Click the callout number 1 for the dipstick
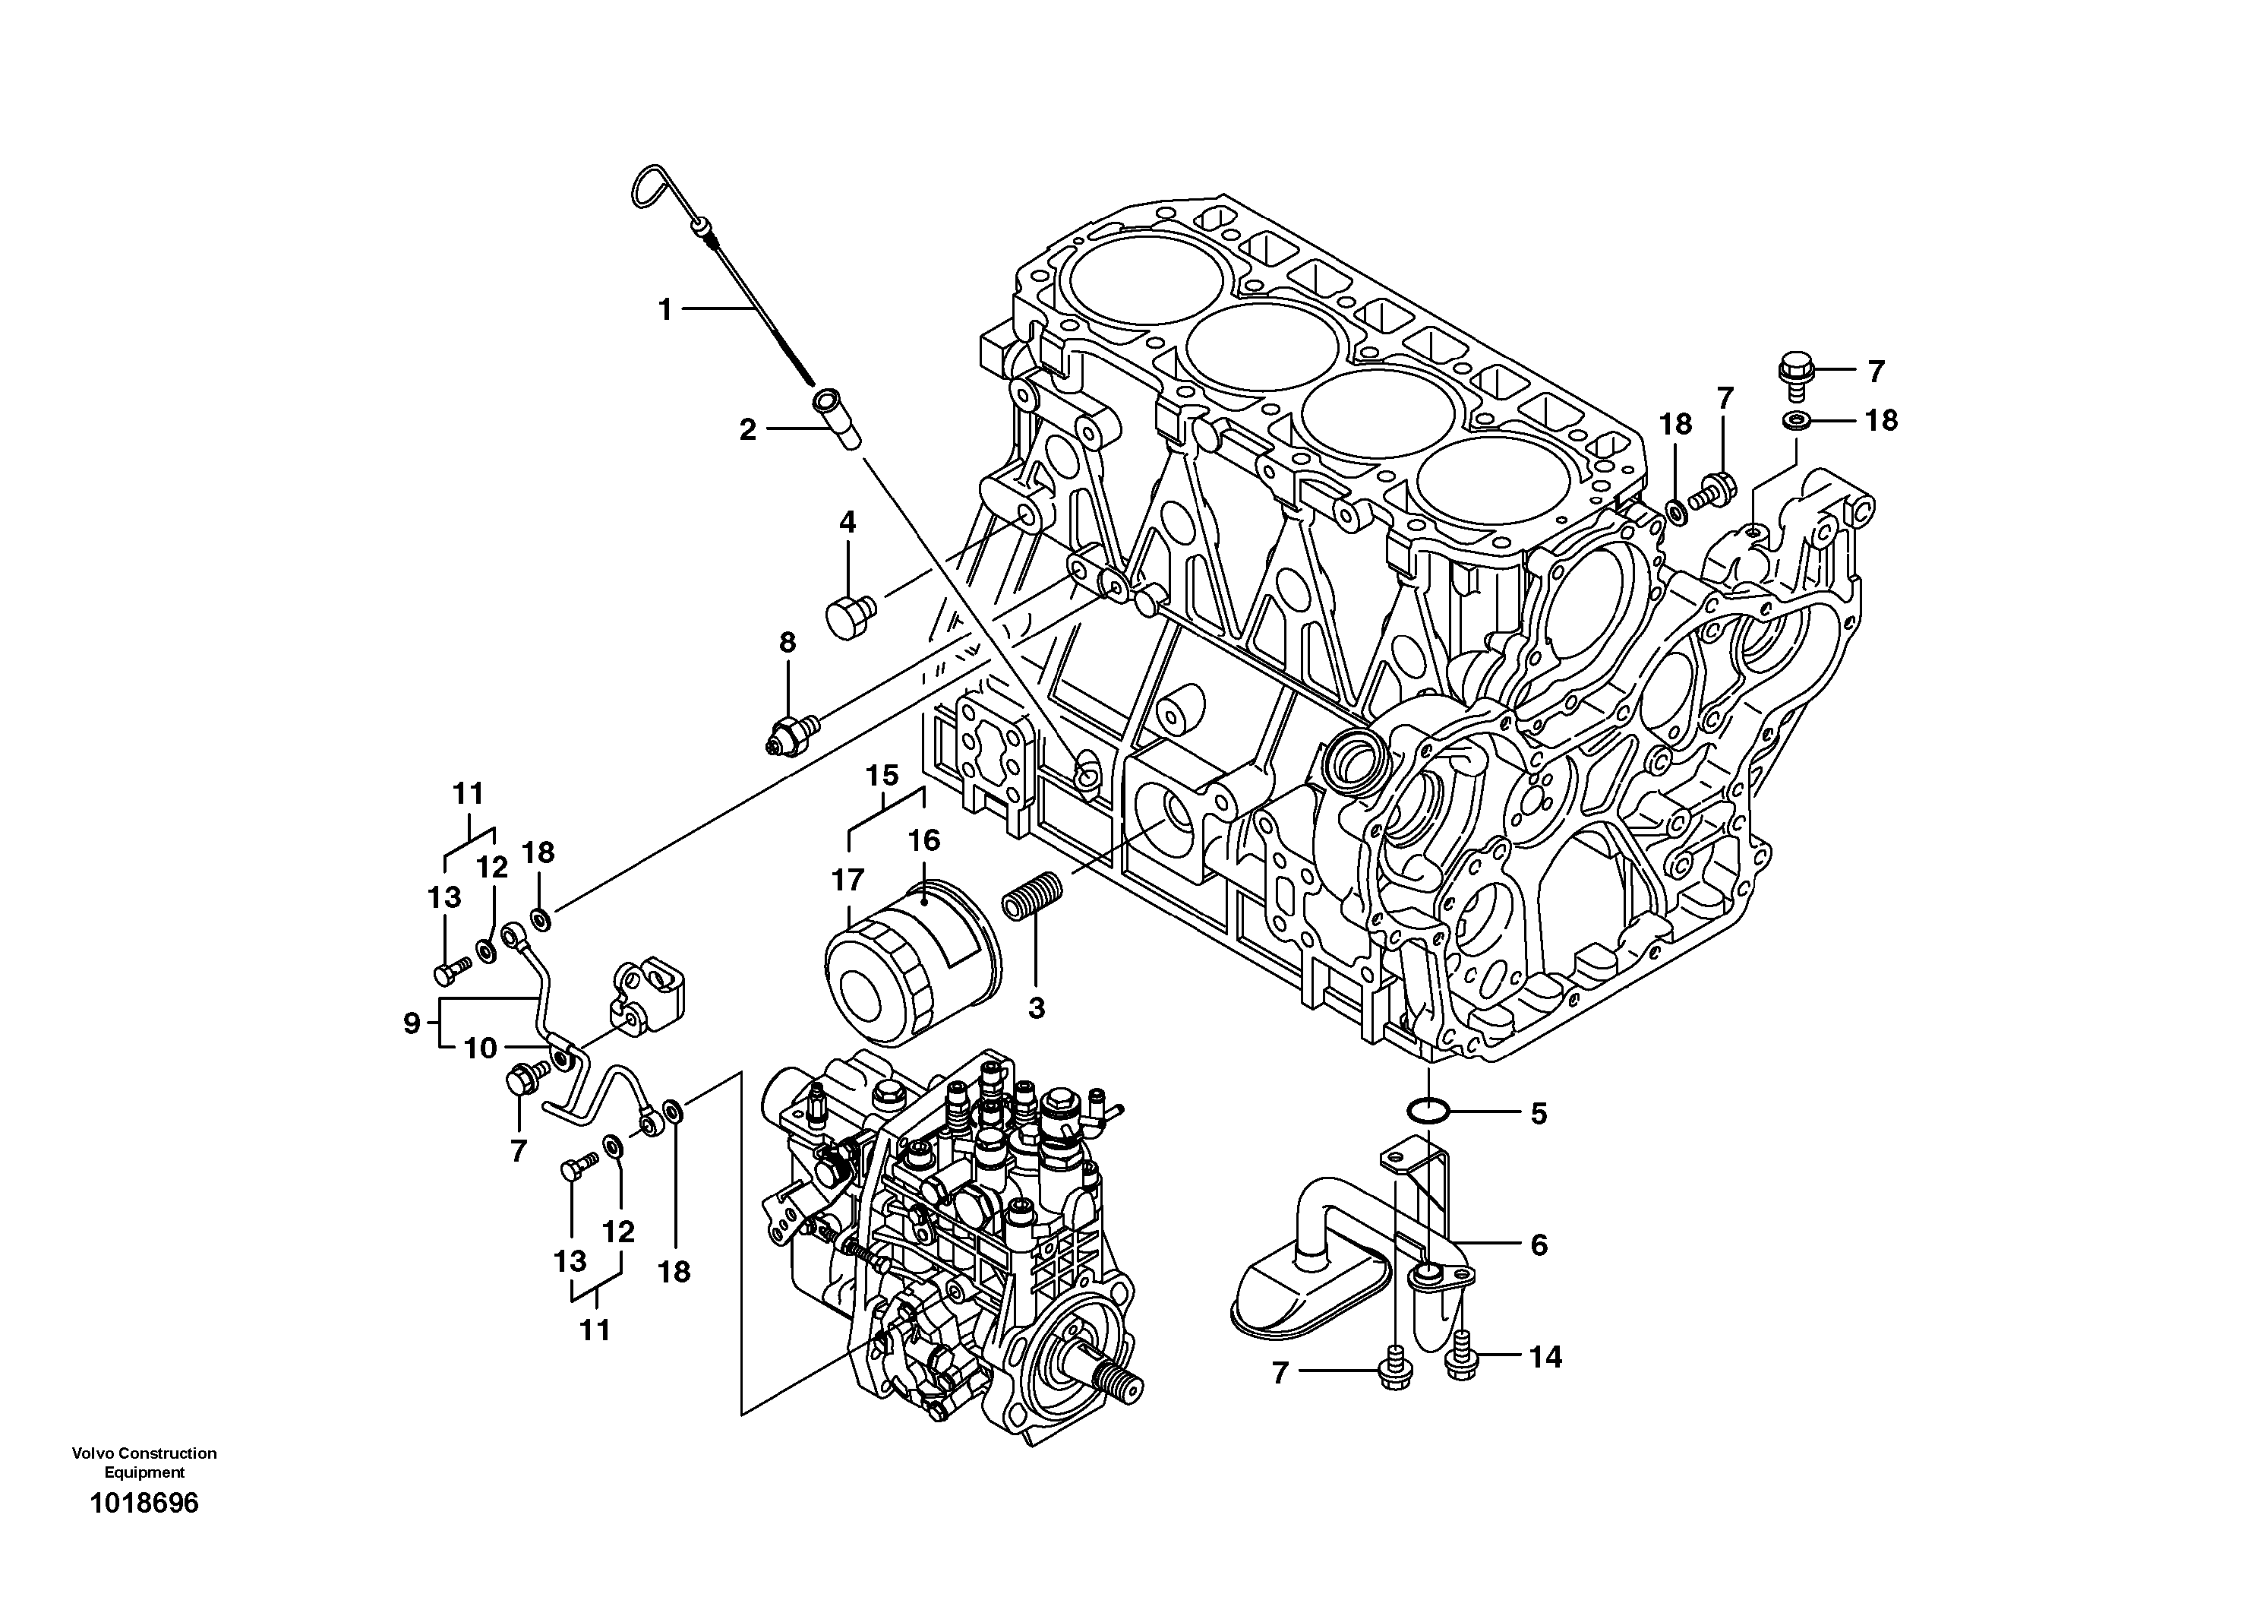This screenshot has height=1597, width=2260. pyautogui.click(x=665, y=310)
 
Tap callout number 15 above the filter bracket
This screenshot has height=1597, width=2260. pyautogui.click(x=883, y=775)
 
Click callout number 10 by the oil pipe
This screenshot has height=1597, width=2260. pyautogui.click(x=481, y=1048)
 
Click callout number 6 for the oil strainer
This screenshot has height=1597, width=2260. pyautogui.click(x=1539, y=1244)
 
